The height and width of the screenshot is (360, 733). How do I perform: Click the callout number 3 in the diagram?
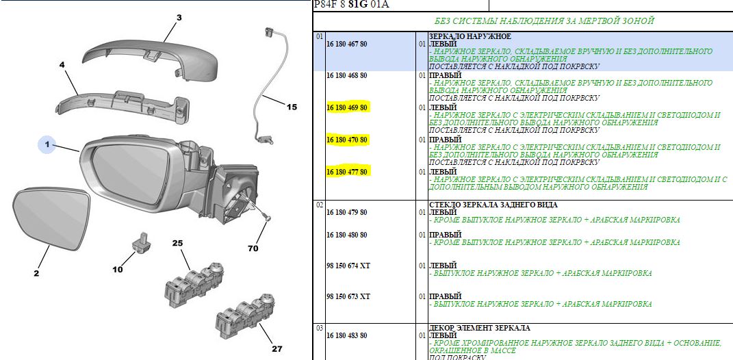(179, 18)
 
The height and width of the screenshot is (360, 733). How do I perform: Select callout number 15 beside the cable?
(292, 107)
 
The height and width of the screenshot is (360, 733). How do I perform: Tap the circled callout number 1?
(47, 145)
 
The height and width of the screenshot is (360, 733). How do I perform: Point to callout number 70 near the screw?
(253, 248)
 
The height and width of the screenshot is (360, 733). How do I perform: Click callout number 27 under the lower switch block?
(277, 348)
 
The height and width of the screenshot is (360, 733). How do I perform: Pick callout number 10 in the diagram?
(117, 269)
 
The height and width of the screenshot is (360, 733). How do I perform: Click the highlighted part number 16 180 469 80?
(347, 107)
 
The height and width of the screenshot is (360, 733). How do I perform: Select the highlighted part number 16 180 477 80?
(347, 172)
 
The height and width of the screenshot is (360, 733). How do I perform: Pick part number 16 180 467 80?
(347, 44)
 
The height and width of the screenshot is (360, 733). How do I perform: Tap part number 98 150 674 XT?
(348, 266)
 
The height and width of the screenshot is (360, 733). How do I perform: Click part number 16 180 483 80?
(347, 335)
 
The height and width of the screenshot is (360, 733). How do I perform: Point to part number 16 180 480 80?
(347, 234)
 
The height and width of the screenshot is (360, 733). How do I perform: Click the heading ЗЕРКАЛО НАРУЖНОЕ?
(470, 36)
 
